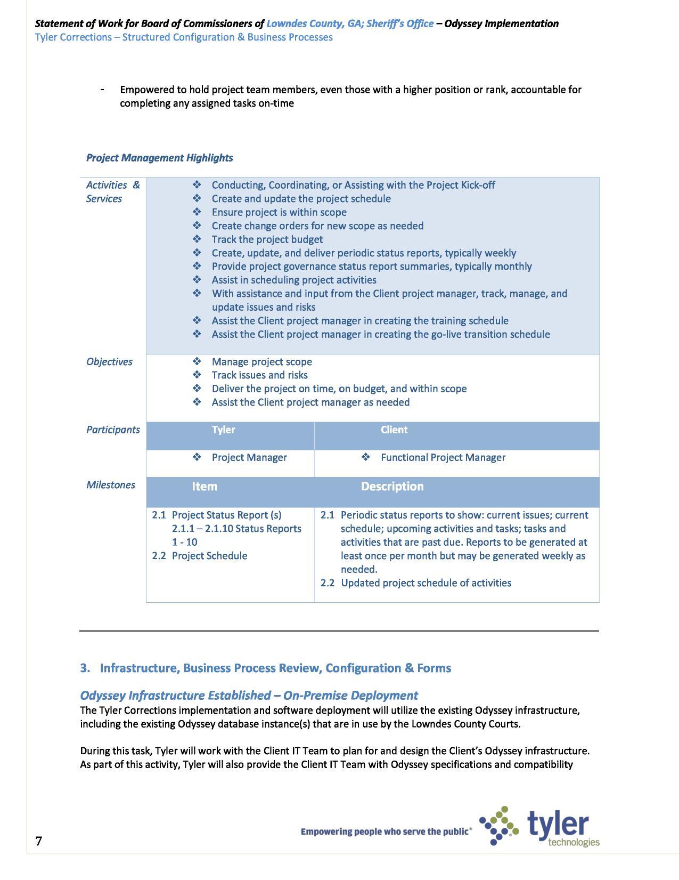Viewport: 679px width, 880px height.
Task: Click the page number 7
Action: coord(38,841)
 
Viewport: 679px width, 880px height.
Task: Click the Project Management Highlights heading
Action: coord(159,158)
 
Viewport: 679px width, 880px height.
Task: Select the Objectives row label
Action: coord(109,362)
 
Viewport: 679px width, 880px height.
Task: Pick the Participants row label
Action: coord(113,430)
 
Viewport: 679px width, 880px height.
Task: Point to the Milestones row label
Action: coord(110,485)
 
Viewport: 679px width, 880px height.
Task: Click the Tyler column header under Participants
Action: coord(223,430)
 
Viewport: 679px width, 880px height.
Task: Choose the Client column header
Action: coord(394,430)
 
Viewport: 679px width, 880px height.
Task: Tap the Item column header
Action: coord(204,487)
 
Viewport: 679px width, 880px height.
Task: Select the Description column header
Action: coord(392,487)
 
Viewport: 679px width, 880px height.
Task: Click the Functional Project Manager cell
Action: coord(443,458)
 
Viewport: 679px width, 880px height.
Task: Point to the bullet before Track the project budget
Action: coord(197,239)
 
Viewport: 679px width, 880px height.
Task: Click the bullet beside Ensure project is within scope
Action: coord(197,212)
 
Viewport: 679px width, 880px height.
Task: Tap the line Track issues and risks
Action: coord(259,375)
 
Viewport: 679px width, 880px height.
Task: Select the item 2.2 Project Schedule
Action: coord(200,556)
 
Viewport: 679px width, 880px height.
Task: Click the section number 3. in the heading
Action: coord(85,668)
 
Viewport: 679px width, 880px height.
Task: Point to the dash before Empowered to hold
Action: coord(102,90)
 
